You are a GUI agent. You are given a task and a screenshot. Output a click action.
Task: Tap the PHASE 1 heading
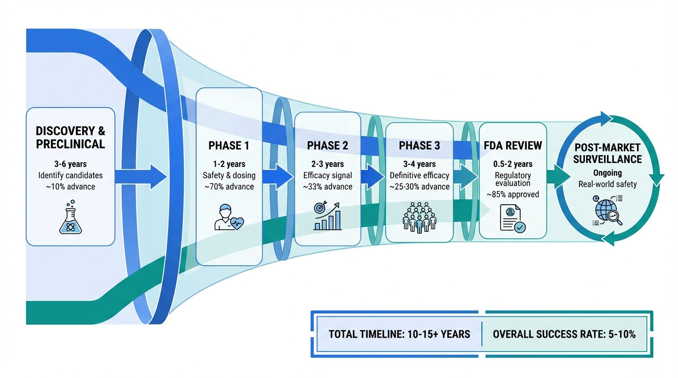229,146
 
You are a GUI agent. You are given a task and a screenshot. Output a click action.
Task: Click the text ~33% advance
328,187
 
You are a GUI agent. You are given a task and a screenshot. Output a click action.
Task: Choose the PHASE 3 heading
419,146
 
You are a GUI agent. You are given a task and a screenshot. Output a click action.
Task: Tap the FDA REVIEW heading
513,146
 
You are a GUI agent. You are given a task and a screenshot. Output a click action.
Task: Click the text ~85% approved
513,194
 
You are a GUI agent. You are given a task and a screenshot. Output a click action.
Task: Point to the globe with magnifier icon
608,211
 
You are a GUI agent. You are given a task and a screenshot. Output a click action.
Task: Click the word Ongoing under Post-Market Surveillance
608,173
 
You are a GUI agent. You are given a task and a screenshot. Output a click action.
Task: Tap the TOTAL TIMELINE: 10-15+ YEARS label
400,334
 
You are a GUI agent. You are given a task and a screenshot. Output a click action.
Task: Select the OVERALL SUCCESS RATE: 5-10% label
564,334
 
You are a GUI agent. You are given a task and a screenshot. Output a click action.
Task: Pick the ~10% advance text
70,187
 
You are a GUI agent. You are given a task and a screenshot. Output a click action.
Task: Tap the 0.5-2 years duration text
513,164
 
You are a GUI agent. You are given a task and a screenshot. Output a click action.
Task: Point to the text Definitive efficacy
419,175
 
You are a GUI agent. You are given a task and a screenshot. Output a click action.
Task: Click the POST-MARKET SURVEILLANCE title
608,154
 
